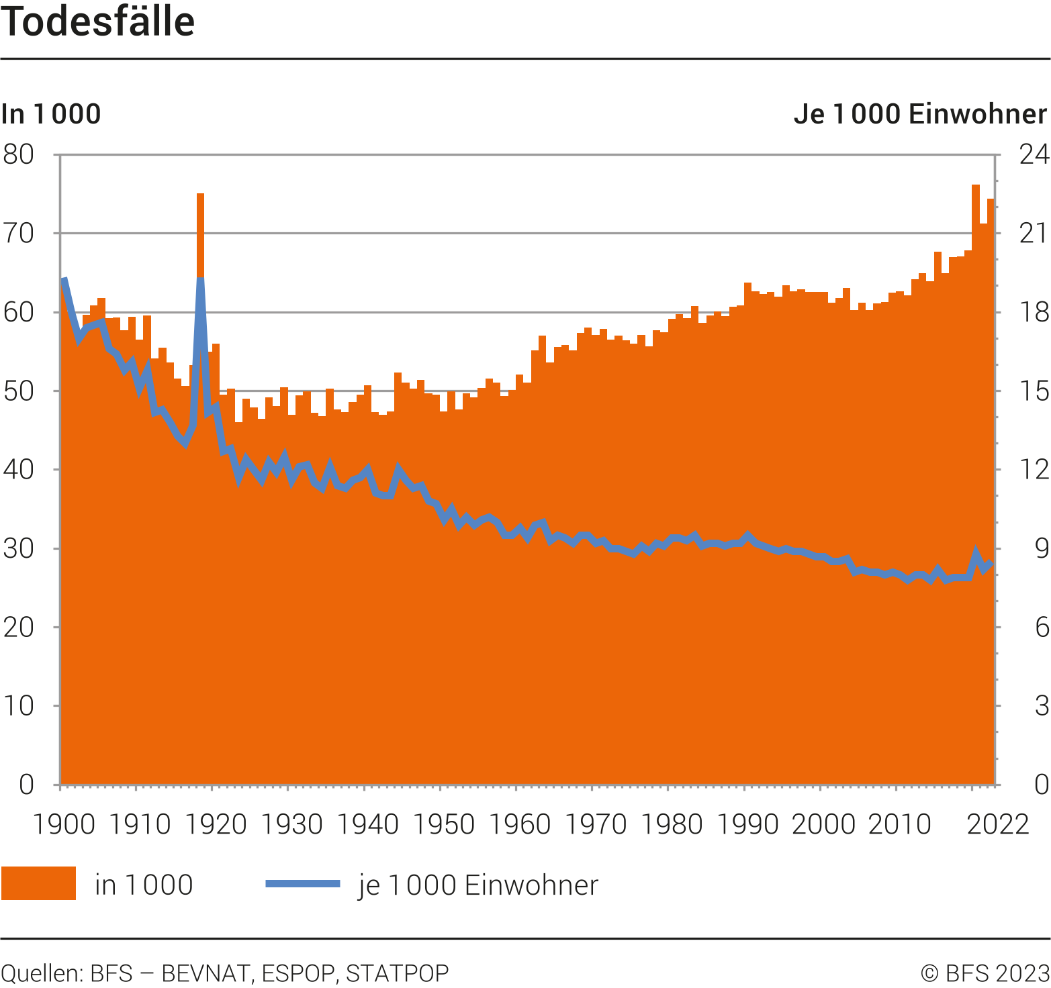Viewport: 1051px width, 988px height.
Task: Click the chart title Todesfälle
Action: pos(98,21)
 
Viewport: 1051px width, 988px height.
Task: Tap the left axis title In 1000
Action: pos(51,114)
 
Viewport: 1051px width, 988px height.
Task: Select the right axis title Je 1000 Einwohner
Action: pos(920,114)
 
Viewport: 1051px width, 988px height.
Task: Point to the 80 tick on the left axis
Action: pos(19,154)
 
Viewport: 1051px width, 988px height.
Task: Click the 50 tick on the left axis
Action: pos(19,391)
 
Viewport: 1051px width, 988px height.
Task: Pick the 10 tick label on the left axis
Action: pos(19,705)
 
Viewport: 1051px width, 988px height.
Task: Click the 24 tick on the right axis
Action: pos(1034,154)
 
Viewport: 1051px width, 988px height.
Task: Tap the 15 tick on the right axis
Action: pos(1034,391)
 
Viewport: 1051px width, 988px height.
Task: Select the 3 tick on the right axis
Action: pos(1042,705)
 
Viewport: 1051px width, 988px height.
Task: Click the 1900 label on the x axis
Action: pos(64,824)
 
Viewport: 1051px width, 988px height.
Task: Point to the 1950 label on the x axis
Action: pos(444,824)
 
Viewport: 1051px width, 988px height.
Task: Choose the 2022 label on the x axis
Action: pos(998,824)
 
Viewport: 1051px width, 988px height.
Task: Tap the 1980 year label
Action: pos(672,824)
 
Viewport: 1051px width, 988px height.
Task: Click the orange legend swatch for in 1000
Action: pos(38,883)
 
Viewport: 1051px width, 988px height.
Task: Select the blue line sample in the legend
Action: pos(303,883)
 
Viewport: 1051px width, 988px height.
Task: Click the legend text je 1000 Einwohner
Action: pos(478,885)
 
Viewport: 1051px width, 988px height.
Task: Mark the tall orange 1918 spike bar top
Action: pos(200,196)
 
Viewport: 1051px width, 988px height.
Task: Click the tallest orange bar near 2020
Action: pos(976,187)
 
